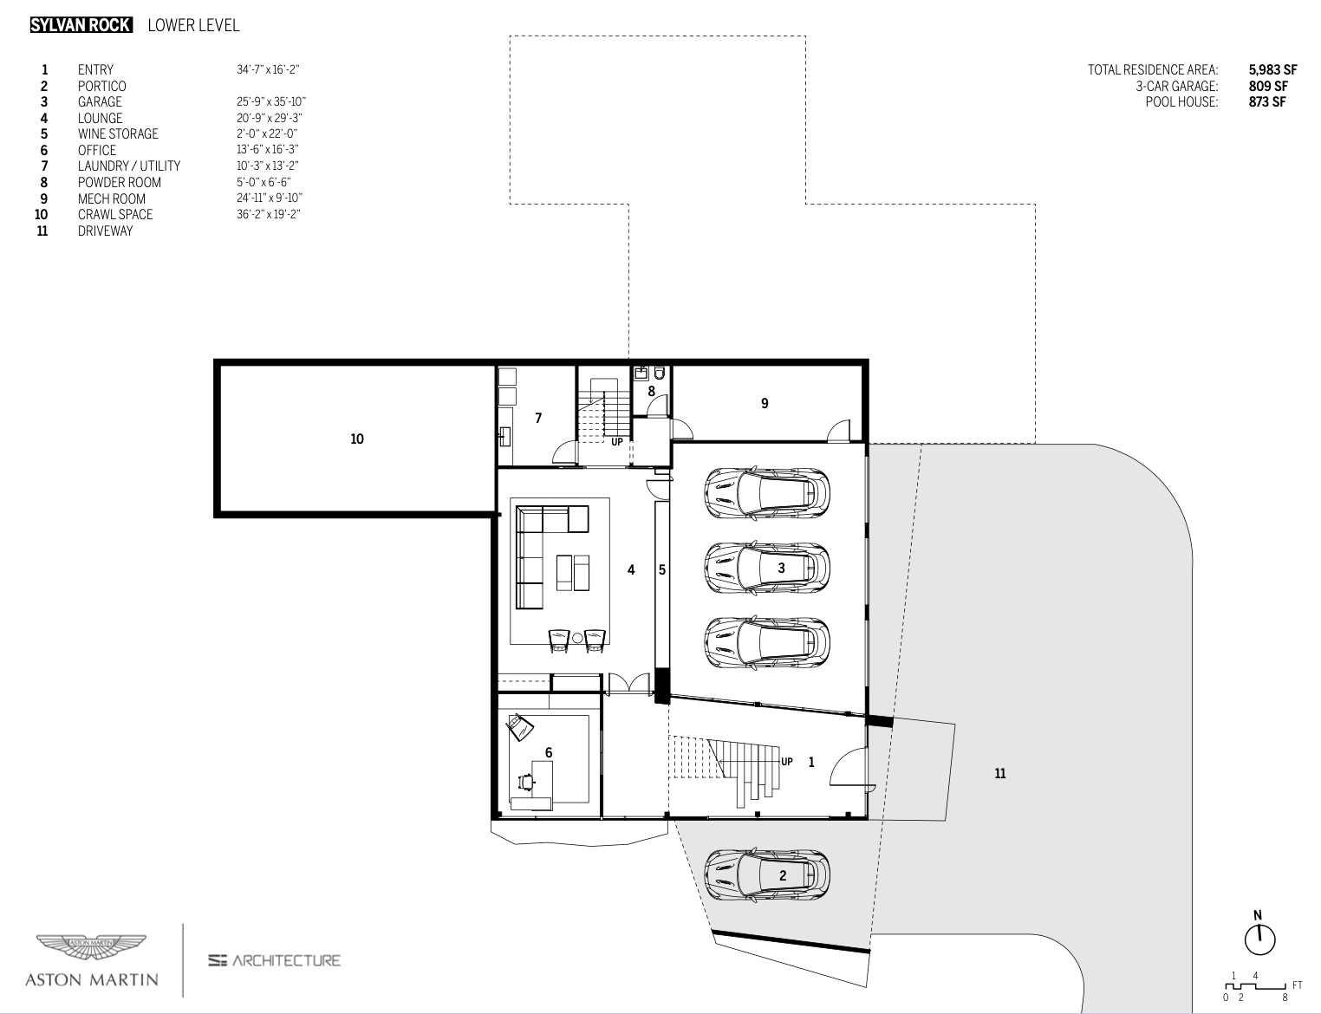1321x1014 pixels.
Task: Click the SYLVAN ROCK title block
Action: [x=81, y=25]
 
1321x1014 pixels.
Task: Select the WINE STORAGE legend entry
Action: [x=118, y=133]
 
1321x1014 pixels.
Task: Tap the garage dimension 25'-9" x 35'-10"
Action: [x=270, y=101]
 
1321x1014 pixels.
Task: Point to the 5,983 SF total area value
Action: [x=1272, y=69]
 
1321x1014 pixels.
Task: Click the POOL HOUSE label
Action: [x=1181, y=101]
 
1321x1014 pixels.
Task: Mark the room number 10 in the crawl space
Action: [x=357, y=439]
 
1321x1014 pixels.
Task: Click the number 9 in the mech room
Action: [x=765, y=403]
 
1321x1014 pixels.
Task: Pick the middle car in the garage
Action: [x=766, y=569]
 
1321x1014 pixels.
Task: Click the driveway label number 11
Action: [x=999, y=773]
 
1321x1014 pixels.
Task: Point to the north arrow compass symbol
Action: [x=1259, y=939]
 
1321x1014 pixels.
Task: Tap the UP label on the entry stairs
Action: [x=786, y=762]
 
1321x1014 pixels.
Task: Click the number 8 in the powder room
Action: [x=651, y=391]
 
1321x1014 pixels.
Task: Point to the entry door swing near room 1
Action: [x=848, y=766]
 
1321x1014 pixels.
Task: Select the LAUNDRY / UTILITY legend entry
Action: [x=129, y=166]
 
